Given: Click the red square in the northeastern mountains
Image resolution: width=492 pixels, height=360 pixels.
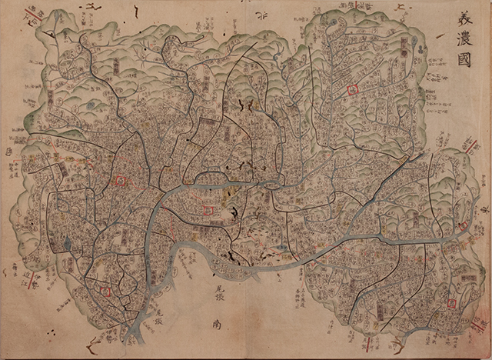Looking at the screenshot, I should [x=354, y=90].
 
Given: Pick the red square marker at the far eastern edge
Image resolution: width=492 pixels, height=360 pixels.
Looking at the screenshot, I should [x=464, y=225].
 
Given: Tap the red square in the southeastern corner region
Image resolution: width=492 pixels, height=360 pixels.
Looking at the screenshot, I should [x=451, y=303].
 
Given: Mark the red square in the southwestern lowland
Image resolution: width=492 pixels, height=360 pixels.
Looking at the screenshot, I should [x=106, y=291].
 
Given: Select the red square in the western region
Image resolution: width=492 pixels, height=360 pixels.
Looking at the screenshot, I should [x=120, y=181].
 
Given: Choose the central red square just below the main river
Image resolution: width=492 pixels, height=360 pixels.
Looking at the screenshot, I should [x=208, y=210].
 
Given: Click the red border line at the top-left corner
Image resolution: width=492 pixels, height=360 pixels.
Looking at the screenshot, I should [x=33, y=14].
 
